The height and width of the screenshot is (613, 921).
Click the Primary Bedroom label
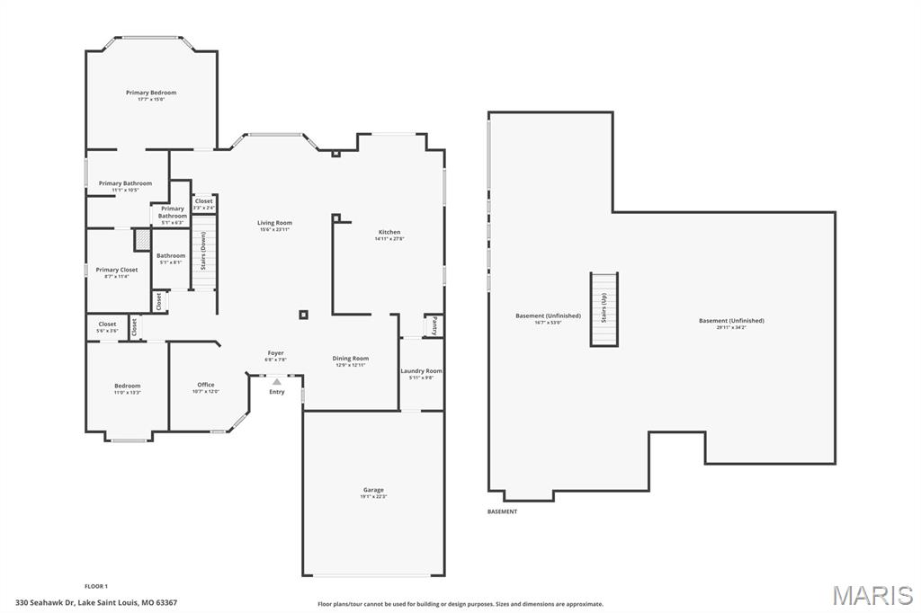[151, 93]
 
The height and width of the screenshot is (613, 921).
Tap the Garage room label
[372, 490]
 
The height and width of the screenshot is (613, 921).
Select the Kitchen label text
[389, 232]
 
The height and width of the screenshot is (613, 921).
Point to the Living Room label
[274, 223]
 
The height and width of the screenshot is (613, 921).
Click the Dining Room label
[351, 358]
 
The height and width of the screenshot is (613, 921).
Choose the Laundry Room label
[421, 370]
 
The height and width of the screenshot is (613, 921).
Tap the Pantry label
[434, 324]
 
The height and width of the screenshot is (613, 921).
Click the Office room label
[206, 385]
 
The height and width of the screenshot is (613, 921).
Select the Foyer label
[276, 353]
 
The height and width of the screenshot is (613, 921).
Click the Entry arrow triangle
[277, 382]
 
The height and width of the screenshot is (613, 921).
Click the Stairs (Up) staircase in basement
[604, 308]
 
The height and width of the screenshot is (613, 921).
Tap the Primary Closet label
[117, 270]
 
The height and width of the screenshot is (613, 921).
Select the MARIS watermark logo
[872, 595]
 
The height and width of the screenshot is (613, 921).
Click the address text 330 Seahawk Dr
[96, 602]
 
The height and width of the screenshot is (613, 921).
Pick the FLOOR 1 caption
[96, 586]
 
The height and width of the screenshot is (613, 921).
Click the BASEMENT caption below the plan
[503, 511]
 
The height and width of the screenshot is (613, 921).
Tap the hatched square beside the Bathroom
[142, 240]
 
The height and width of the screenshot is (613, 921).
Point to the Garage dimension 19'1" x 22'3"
[372, 497]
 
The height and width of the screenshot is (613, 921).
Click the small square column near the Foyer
[304, 315]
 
